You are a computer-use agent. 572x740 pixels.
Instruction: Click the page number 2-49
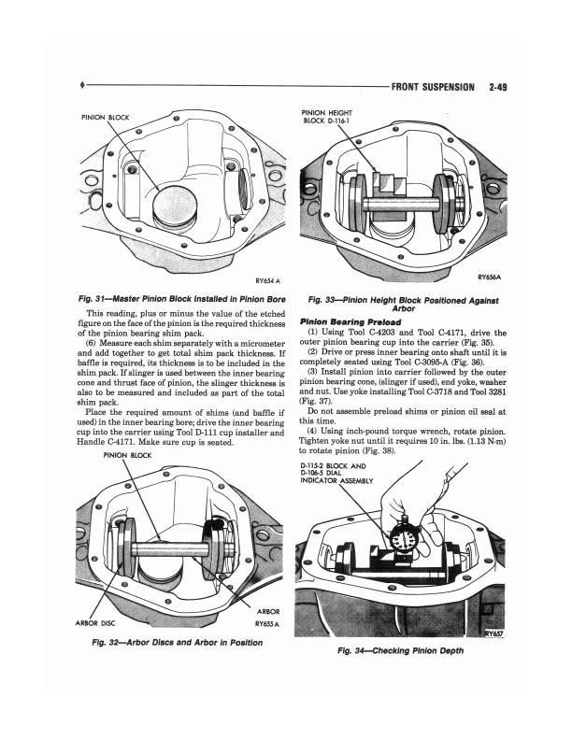point(503,90)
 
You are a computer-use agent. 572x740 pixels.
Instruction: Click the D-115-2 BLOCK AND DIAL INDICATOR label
point(335,474)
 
